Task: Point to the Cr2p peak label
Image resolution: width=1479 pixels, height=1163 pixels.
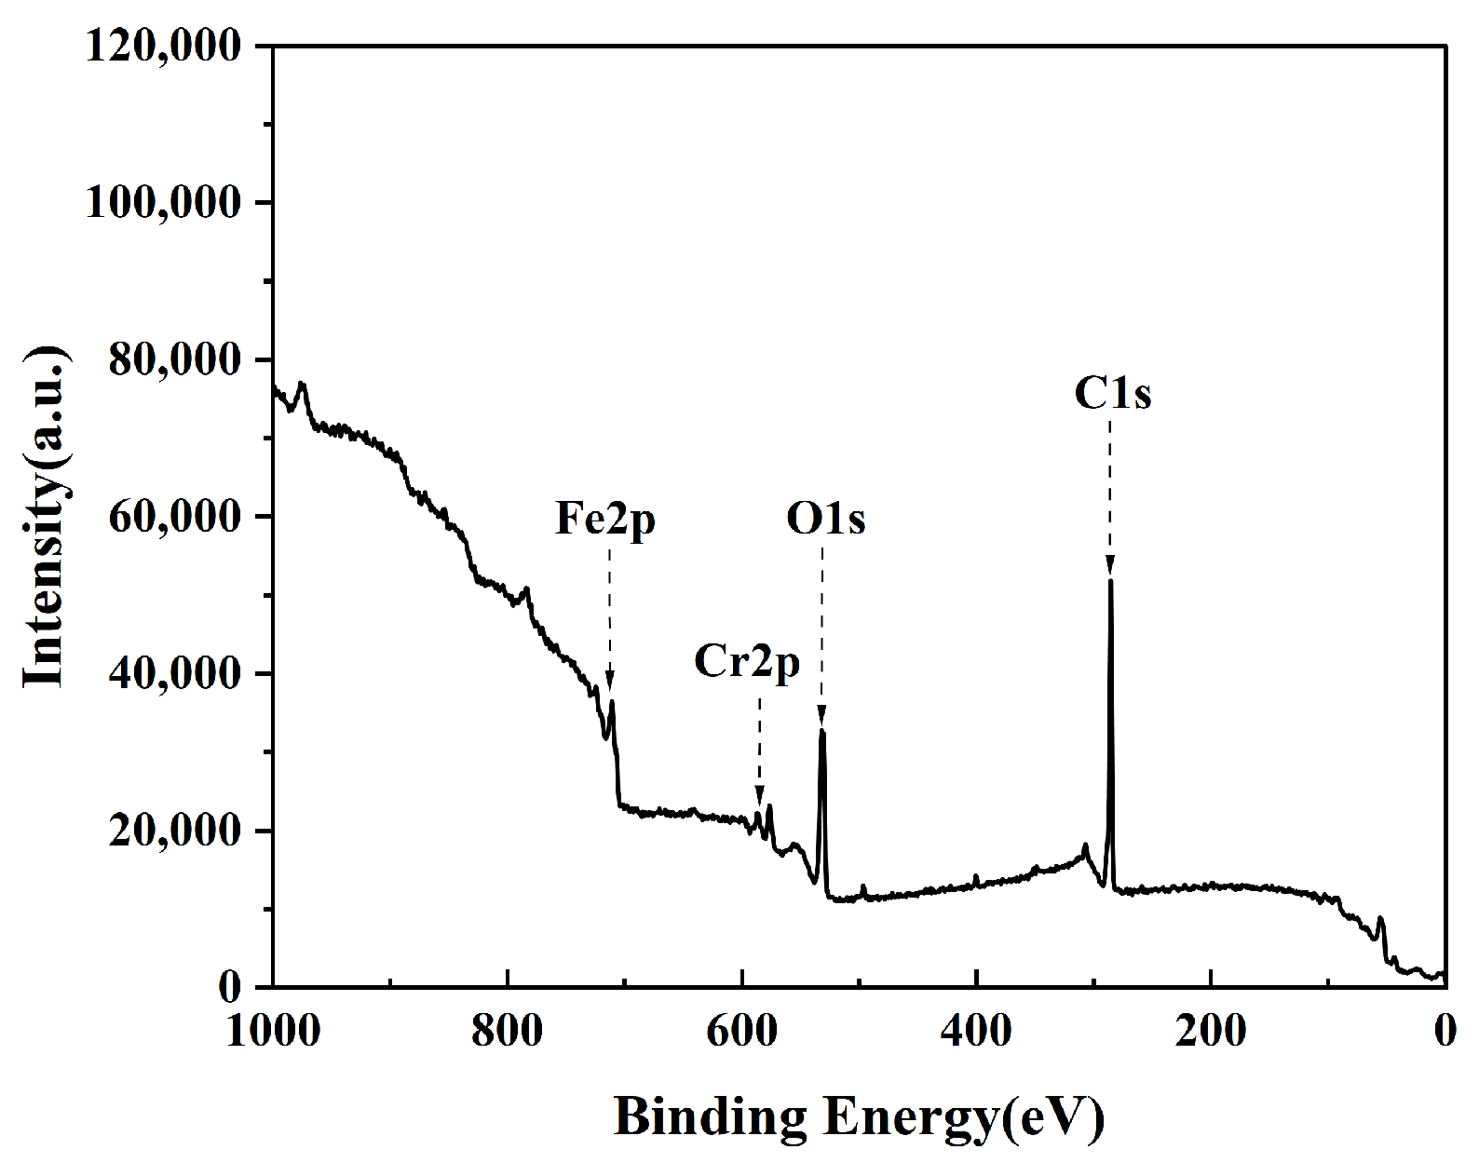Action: pos(747,664)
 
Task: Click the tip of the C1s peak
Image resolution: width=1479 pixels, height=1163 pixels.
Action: pos(1110,580)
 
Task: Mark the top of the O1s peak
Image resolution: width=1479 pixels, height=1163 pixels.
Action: pos(821,731)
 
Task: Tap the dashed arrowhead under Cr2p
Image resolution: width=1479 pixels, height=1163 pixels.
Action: pos(759,796)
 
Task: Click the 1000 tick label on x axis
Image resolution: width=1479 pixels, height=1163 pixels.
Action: pos(274,1032)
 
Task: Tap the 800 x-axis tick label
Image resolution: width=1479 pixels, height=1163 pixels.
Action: pos(508,1032)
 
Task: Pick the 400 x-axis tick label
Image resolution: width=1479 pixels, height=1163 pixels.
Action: pos(976,1032)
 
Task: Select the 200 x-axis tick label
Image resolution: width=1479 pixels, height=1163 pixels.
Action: pos(1210,1032)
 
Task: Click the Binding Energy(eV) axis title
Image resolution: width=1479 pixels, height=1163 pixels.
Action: pos(859,1116)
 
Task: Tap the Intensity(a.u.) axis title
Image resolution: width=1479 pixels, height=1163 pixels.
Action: pos(44,517)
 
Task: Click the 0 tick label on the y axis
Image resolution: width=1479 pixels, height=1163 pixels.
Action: pos(230,988)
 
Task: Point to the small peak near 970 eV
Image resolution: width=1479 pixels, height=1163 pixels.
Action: pos(301,384)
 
